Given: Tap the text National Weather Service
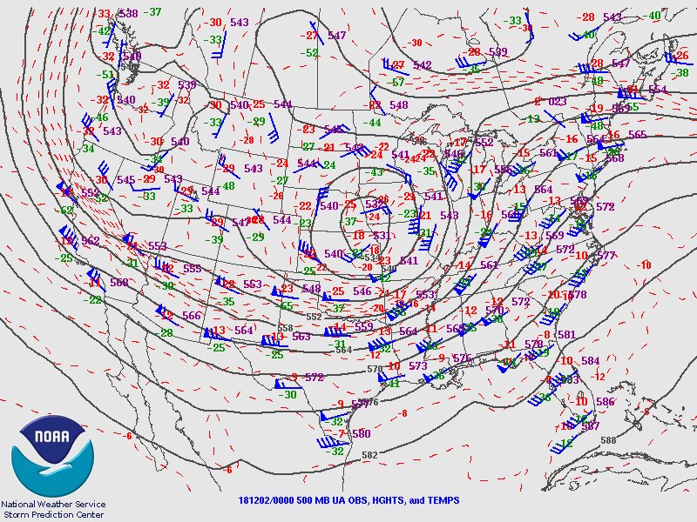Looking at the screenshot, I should point(53,504).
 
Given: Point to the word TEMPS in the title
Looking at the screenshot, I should point(442,501).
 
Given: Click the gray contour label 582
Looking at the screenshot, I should point(369,455).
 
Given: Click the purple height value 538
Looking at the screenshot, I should point(128,13).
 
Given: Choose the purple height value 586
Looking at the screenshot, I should point(606,402).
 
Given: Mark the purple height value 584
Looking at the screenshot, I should point(591,360).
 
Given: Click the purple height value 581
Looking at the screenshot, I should point(566,335).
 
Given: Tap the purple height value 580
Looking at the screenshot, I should point(361,433).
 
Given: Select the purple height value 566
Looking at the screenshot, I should point(192,316).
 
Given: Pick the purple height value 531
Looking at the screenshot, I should point(382,236).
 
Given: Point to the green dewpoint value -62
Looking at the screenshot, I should point(66,211).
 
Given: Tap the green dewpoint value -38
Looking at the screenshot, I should point(682,73).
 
